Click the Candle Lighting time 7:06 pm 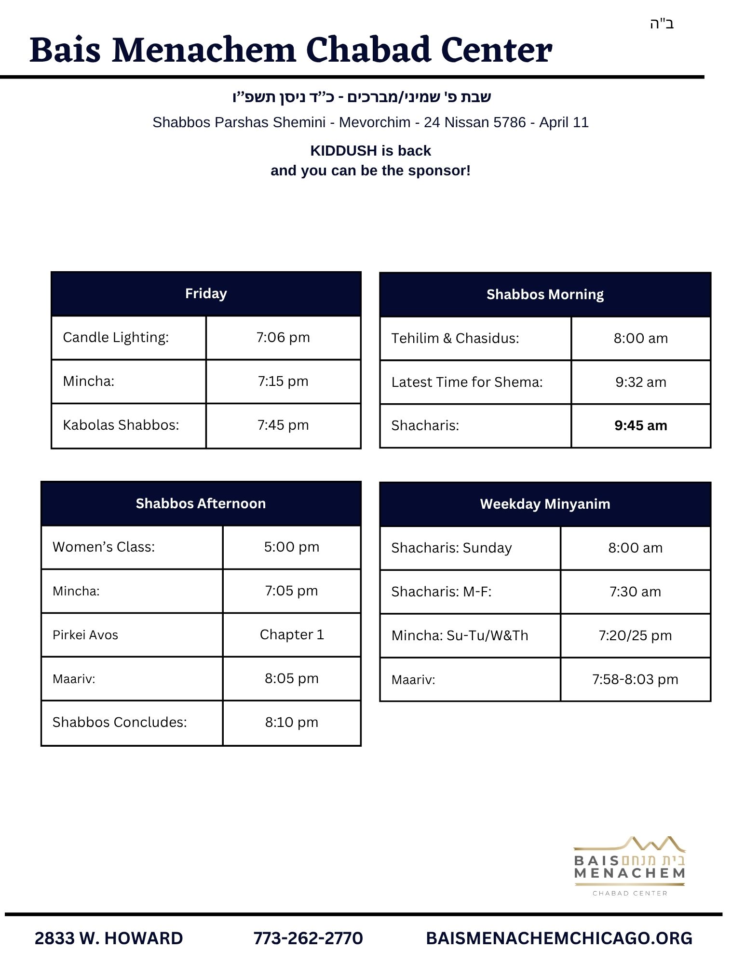pyautogui.click(x=283, y=337)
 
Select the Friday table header pyautogui.click(x=206, y=293)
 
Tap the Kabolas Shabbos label pyautogui.click(x=121, y=425)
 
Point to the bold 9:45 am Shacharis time pyautogui.click(x=640, y=425)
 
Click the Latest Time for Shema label pyautogui.click(x=467, y=382)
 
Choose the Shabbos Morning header pyautogui.click(x=545, y=294)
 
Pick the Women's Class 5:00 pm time pyautogui.click(x=291, y=547)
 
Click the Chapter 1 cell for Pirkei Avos pyautogui.click(x=292, y=634)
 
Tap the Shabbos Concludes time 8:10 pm pyautogui.click(x=291, y=722)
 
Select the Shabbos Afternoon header pyautogui.click(x=201, y=503)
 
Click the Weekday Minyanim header pyautogui.click(x=545, y=504)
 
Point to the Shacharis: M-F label pyautogui.click(x=441, y=592)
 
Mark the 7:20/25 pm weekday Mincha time pyautogui.click(x=635, y=635)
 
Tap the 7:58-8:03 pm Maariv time pyautogui.click(x=635, y=679)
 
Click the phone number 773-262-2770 pyautogui.click(x=308, y=938)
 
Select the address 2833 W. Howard pyautogui.click(x=108, y=938)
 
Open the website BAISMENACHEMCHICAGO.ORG pyautogui.click(x=559, y=938)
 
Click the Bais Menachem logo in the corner pyautogui.click(x=629, y=866)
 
